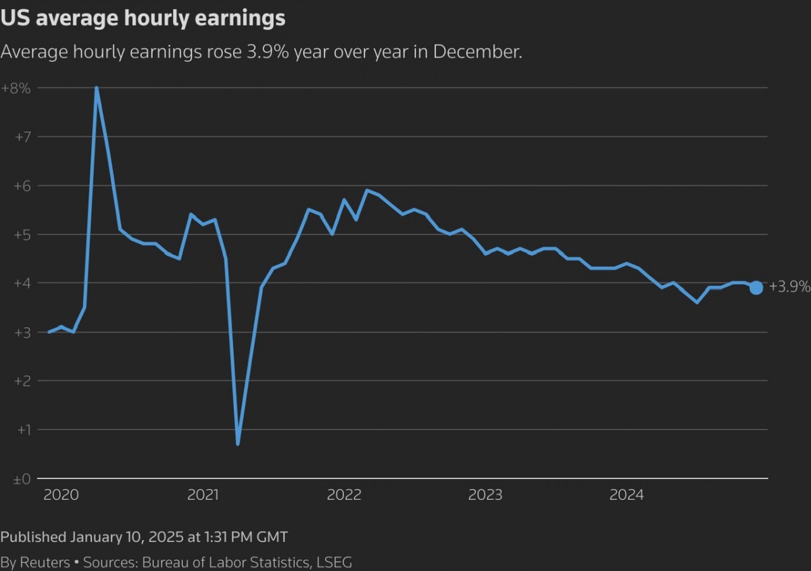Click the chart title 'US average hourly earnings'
[143, 18]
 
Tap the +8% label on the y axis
[17, 88]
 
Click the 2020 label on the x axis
[62, 495]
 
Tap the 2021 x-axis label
[203, 495]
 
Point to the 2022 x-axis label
[344, 495]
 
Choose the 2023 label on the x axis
[485, 495]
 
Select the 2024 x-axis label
[626, 495]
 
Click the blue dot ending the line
[756, 288]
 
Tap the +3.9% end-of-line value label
[789, 287]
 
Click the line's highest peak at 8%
[97, 88]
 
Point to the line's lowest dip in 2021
[238, 443]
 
